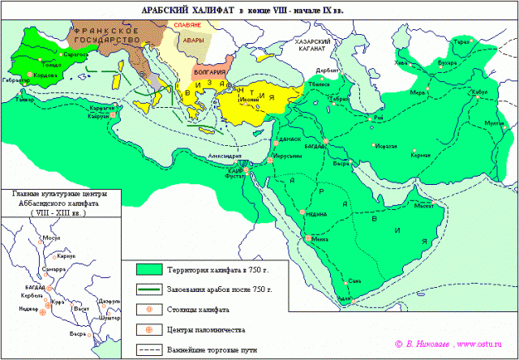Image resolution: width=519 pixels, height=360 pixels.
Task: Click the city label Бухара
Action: coord(446,60)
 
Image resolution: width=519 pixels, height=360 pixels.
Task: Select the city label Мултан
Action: coord(494,122)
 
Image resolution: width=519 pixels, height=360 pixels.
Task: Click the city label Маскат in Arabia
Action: coord(423,206)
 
